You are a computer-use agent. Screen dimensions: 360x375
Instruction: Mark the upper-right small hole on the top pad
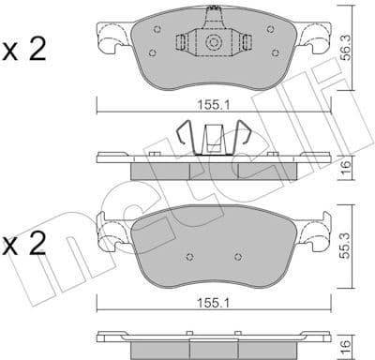[271, 28]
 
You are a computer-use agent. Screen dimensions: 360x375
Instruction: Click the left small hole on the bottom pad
[191, 256]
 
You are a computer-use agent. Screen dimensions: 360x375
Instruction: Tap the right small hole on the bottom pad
[236, 256]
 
